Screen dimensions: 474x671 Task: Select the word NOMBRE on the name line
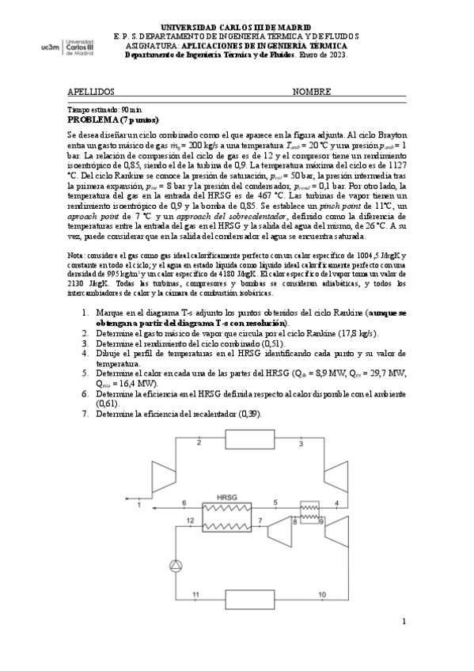click(x=311, y=92)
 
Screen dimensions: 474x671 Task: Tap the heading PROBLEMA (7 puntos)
click(x=113, y=119)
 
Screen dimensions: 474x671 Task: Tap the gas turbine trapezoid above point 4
click(x=336, y=473)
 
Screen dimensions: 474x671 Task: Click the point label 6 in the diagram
click(x=184, y=502)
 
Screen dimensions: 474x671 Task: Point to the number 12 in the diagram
click(x=189, y=520)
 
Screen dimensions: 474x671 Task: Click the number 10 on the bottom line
click(x=321, y=593)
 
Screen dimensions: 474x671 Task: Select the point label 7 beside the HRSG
click(x=260, y=520)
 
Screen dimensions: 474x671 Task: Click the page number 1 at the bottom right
click(x=403, y=622)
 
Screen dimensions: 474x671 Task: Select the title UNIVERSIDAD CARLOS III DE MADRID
click(x=236, y=26)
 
